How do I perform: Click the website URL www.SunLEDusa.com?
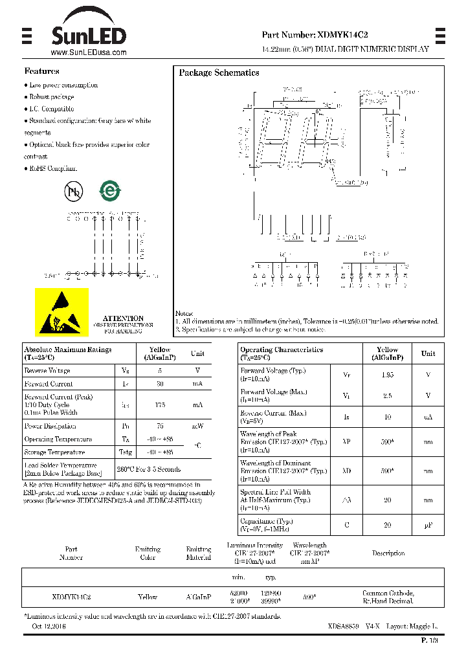click(88, 52)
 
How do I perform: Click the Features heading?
click(42, 71)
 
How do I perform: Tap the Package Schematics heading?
click(219, 73)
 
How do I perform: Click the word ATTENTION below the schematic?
click(123, 318)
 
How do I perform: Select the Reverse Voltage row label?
click(47, 371)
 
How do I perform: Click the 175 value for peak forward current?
click(160, 405)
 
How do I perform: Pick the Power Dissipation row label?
click(50, 427)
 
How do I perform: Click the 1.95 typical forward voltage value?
click(387, 375)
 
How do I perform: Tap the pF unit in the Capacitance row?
click(428, 526)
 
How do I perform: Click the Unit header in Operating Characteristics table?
click(428, 353)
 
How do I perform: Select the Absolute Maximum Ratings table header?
click(67, 353)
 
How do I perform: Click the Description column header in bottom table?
click(388, 553)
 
